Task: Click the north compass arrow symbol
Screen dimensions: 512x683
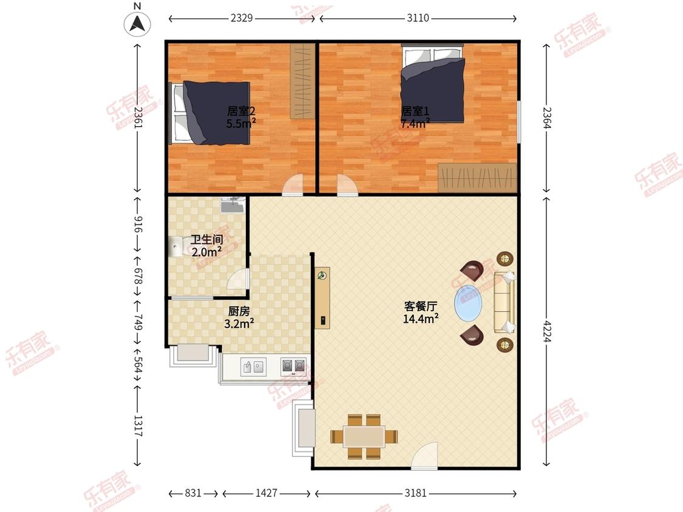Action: (138, 24)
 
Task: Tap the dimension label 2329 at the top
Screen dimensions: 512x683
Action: (242, 18)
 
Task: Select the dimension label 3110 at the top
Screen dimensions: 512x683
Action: (418, 18)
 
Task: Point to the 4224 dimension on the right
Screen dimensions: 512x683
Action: (548, 331)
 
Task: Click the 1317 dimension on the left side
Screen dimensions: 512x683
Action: (138, 425)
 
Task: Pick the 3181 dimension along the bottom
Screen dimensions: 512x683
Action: (416, 493)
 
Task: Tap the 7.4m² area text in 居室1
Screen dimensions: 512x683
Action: (415, 123)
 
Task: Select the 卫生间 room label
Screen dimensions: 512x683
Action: (206, 240)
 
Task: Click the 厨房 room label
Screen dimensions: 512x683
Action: (239, 311)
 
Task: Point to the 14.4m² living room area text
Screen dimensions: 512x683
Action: (420, 318)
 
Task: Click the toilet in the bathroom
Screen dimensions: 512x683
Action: (177, 246)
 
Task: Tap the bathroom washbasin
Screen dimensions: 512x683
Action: (231, 206)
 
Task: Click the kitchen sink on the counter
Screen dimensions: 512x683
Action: (253, 366)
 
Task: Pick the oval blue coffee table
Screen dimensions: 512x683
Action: (469, 302)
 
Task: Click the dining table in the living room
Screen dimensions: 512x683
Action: (364, 436)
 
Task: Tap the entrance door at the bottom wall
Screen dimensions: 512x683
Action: (424, 456)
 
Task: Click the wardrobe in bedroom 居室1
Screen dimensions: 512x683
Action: (477, 177)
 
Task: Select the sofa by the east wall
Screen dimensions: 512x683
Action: (505, 302)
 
